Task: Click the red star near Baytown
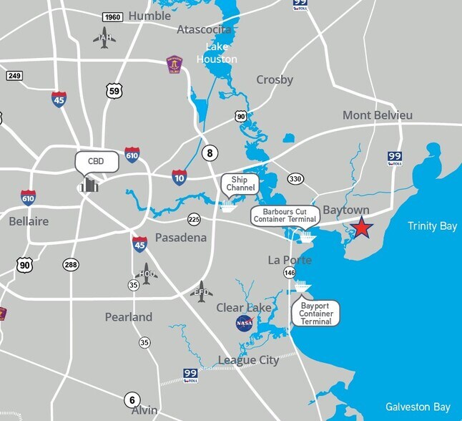click(362, 227)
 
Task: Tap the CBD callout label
click(96, 162)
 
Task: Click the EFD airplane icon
click(202, 291)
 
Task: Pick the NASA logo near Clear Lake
click(245, 324)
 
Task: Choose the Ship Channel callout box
click(240, 183)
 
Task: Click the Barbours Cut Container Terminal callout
click(284, 216)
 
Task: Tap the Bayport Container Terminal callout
click(316, 313)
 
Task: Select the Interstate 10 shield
click(180, 176)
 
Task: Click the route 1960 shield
click(112, 17)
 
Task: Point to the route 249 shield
click(14, 75)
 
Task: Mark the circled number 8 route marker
click(210, 153)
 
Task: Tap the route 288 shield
click(69, 265)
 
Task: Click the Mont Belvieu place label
click(377, 115)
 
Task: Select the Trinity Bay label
click(432, 226)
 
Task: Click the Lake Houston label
click(217, 53)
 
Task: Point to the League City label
click(248, 360)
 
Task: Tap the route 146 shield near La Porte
click(290, 273)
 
